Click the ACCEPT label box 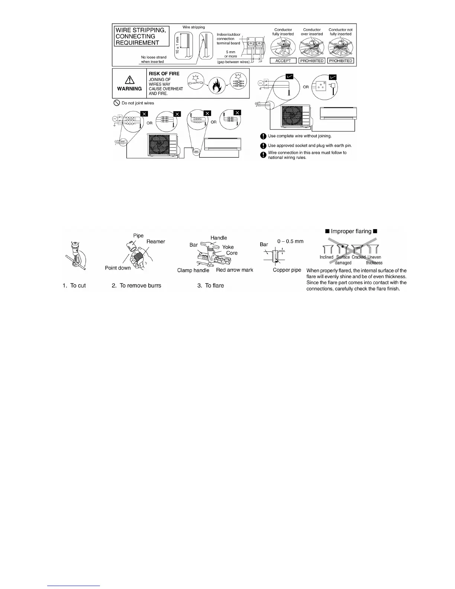283,61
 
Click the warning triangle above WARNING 129,80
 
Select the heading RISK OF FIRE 164,74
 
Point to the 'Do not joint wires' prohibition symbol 116,103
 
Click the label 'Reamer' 156,242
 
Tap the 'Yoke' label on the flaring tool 228,247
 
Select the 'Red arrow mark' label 234,270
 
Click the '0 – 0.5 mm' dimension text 290,241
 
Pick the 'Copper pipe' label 287,270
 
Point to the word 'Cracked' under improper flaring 359,257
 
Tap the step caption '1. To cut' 74,286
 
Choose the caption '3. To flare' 210,286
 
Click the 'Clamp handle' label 193,270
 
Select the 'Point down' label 118,268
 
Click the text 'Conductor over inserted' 312,32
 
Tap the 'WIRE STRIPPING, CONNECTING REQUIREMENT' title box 141,36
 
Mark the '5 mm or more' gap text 230,54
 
